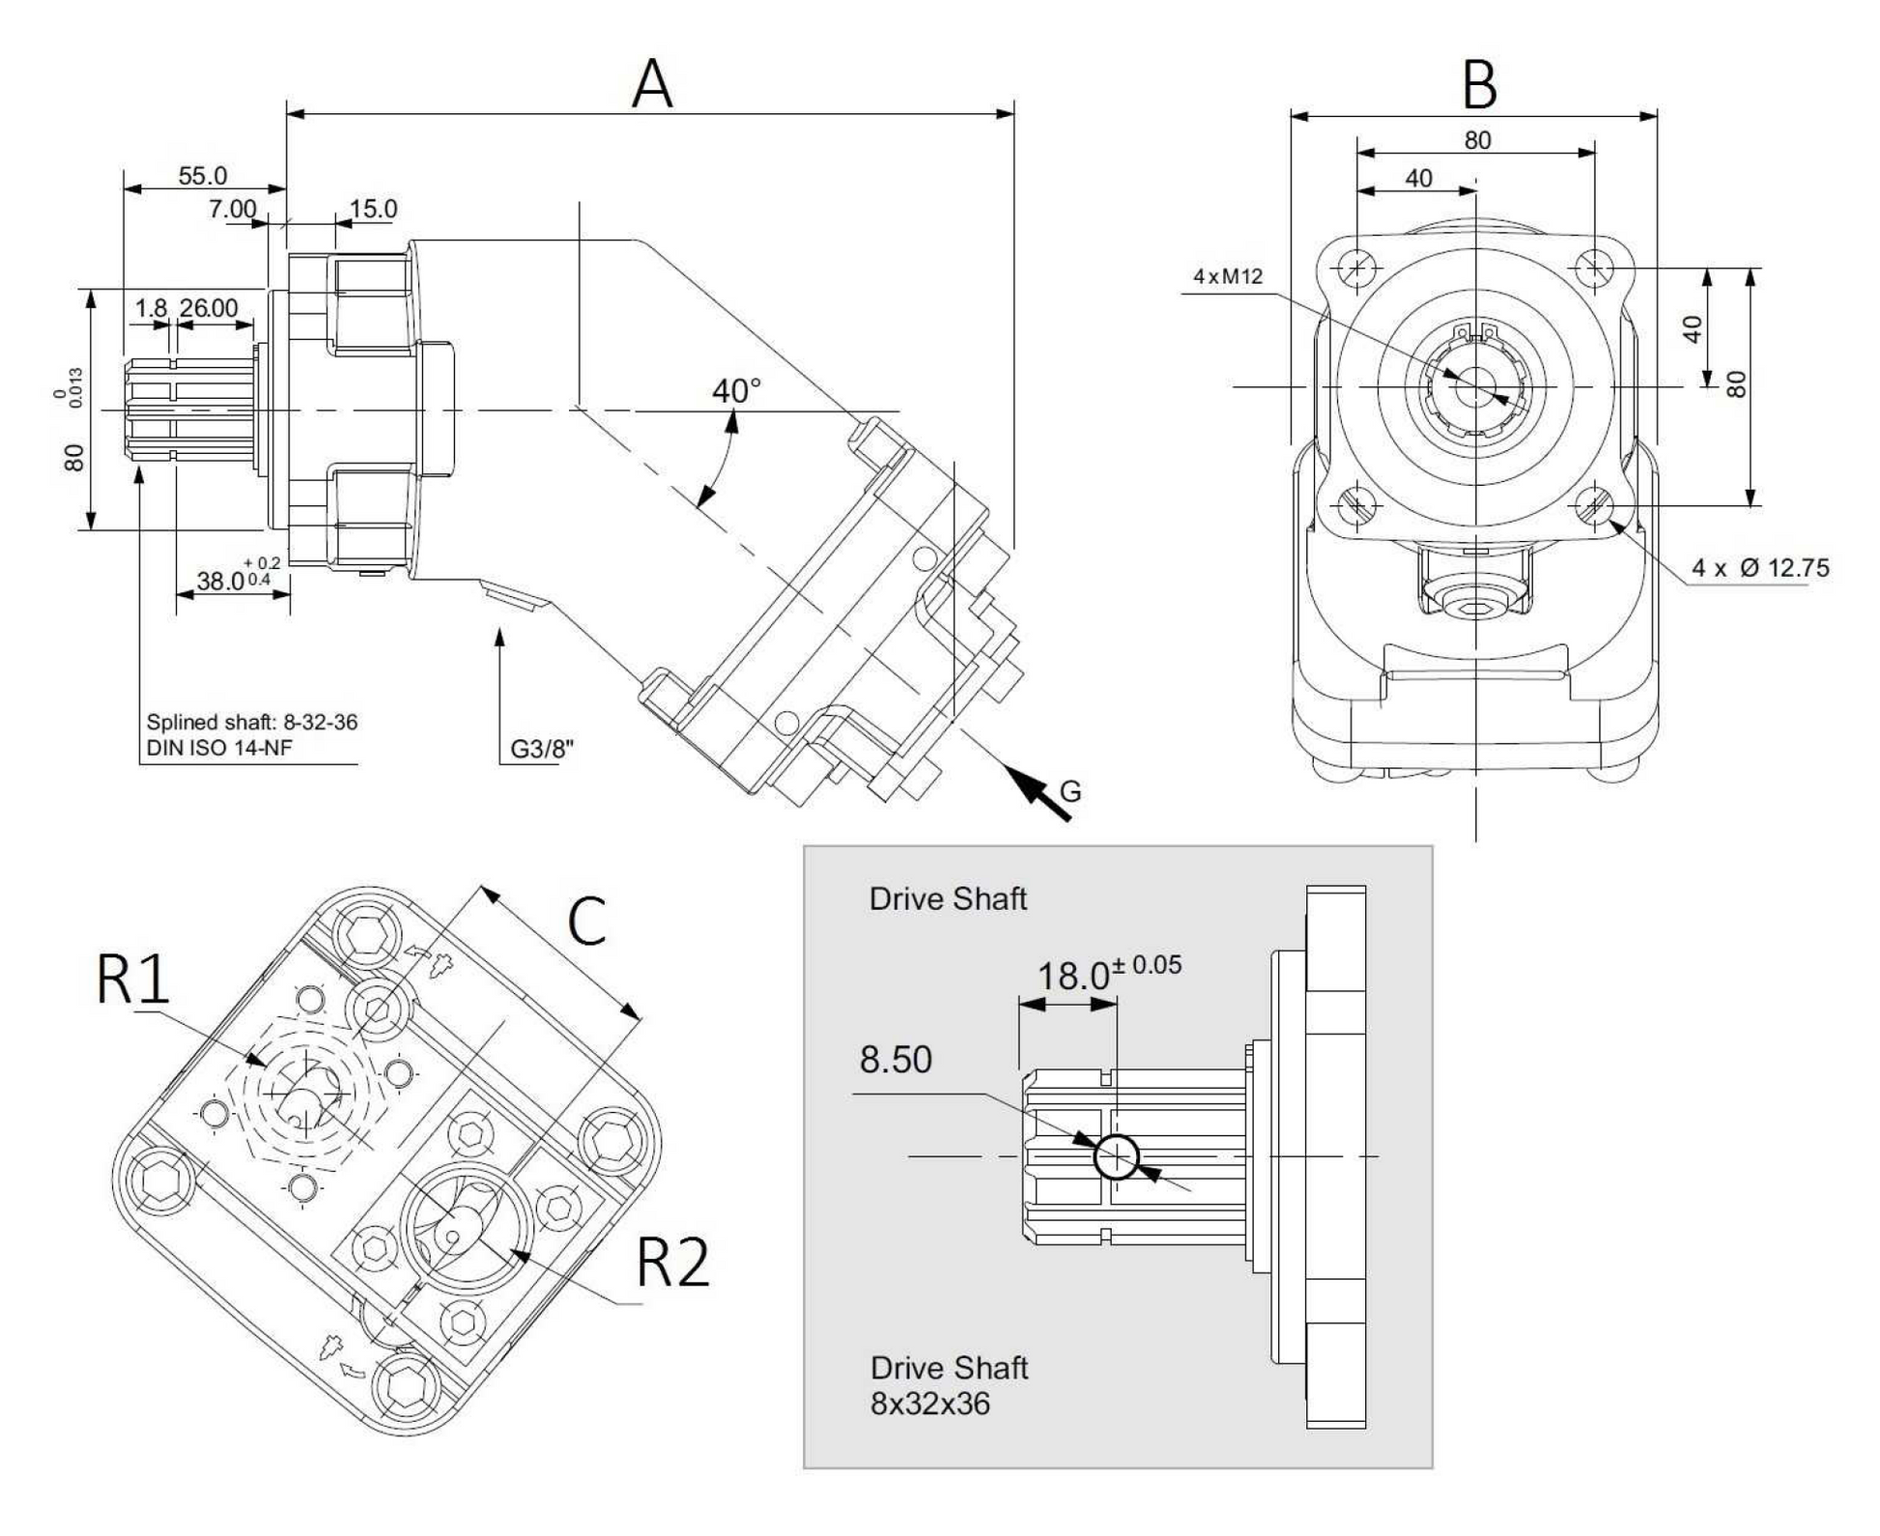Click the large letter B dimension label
(x=1479, y=85)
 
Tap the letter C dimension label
(x=586, y=921)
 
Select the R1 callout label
(x=133, y=979)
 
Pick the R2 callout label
(x=673, y=1262)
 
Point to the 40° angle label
(x=736, y=391)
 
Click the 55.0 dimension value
(x=203, y=176)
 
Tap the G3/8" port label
(x=541, y=750)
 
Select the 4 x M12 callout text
(x=1228, y=276)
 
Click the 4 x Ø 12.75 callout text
(x=1760, y=568)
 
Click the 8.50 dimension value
(x=896, y=1060)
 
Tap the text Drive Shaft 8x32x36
(x=948, y=1385)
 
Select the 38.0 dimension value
(x=221, y=581)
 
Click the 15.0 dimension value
(x=373, y=209)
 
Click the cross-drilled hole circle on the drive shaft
(x=1116, y=1155)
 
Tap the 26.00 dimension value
(x=209, y=307)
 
